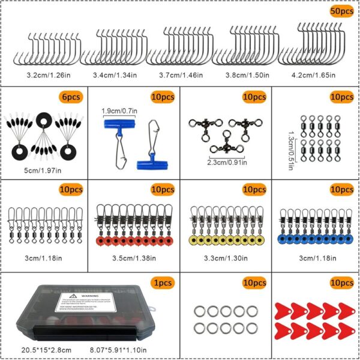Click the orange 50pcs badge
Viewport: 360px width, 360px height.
(x=341, y=11)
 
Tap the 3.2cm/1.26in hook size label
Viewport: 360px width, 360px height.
(x=35, y=76)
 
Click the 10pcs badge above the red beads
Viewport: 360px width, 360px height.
(x=162, y=190)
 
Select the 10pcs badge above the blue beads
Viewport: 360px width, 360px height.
(x=341, y=190)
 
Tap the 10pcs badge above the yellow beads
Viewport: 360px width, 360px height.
(x=253, y=190)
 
